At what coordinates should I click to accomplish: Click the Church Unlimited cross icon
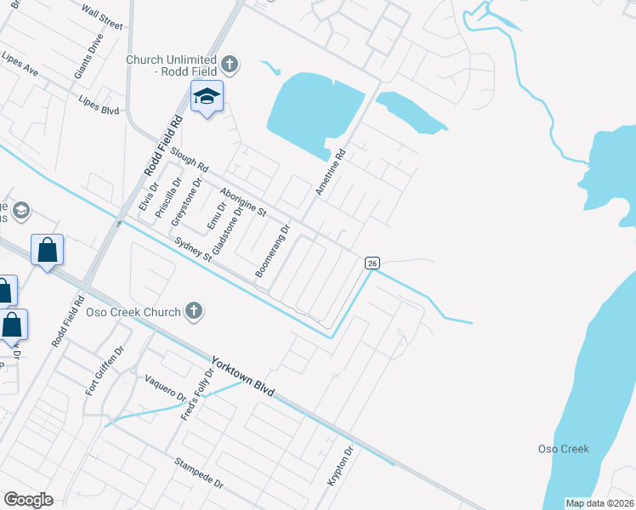click(229, 64)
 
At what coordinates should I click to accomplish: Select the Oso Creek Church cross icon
click(195, 311)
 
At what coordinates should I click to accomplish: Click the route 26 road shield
click(372, 263)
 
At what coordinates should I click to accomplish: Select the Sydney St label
click(192, 251)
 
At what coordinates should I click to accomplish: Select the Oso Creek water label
click(564, 449)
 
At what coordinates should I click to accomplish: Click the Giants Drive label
click(88, 56)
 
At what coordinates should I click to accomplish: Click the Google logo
click(28, 500)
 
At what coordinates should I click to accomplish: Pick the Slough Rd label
click(189, 160)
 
